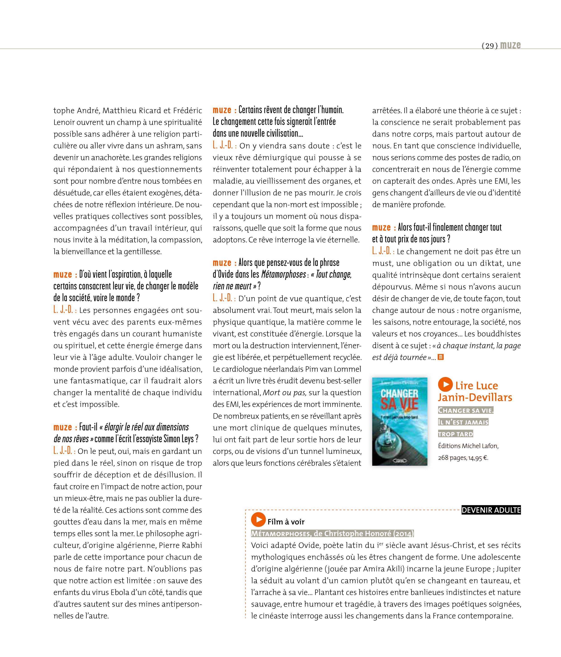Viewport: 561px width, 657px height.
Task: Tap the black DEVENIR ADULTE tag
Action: pyautogui.click(x=491, y=510)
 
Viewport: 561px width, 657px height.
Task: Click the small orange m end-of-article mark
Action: pyautogui.click(x=440, y=357)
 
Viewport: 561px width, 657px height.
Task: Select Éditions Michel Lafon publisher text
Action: pyautogui.click(x=468, y=446)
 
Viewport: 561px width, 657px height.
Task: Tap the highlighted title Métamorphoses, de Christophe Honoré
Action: pyautogui.click(x=332, y=534)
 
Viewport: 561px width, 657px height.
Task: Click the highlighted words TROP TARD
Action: pyautogui.click(x=455, y=434)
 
